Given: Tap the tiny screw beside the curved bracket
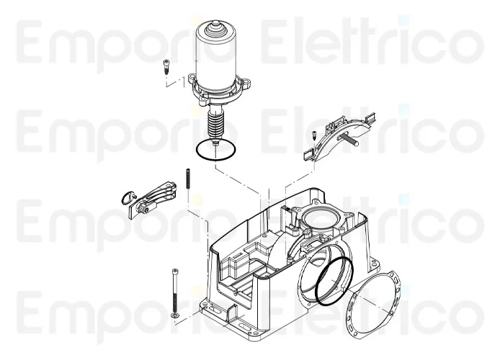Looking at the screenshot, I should click(x=315, y=135).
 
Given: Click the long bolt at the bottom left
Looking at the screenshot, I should click(x=174, y=288).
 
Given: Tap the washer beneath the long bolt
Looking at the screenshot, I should click(x=174, y=317).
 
